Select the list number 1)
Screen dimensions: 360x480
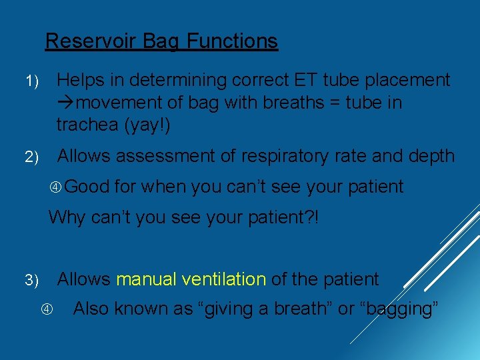32,81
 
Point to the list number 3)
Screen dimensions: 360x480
32,281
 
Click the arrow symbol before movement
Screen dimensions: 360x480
65,103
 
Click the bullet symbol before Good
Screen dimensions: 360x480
56,187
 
